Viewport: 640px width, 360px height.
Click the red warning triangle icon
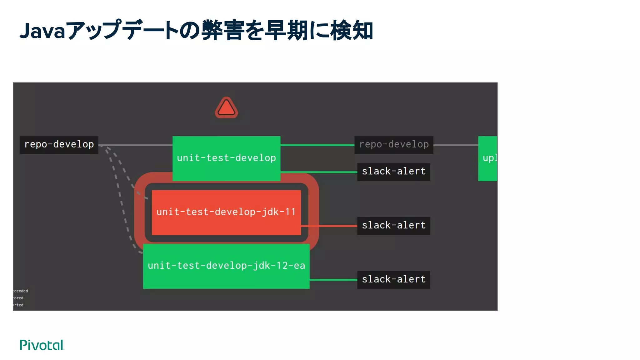226,108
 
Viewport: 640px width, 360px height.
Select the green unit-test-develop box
226,158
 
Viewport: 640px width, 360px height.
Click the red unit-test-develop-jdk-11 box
226,212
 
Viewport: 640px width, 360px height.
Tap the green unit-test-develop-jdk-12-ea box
226,266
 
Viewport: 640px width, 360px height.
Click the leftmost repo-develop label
59,145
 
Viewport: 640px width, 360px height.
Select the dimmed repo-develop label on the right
393,145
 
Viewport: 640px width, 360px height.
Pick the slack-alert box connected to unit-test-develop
393,172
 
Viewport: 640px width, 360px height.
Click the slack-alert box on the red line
393,226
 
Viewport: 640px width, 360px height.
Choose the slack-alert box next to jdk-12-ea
393,279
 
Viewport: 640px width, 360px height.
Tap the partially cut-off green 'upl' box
487,158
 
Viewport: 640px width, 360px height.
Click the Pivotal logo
42,345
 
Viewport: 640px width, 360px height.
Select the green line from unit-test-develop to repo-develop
317,145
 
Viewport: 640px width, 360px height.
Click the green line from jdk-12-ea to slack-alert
333,280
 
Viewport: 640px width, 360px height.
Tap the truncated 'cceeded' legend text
21,291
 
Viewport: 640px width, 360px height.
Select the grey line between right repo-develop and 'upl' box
456,145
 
